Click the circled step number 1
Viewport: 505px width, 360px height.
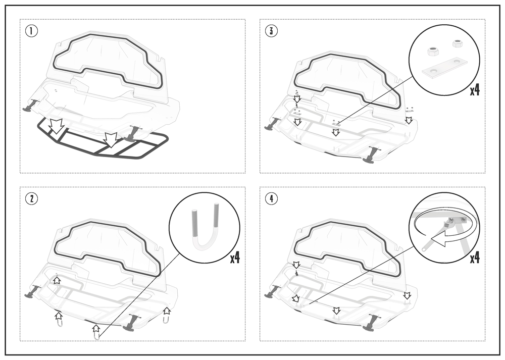point(31,31)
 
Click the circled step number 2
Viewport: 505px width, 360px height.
point(31,198)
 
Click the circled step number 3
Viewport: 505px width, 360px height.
point(271,31)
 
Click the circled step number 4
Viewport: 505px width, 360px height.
point(271,198)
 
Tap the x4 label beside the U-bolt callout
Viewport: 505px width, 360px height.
point(235,258)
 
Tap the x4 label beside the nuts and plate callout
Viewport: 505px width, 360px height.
point(475,90)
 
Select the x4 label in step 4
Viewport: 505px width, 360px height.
point(475,258)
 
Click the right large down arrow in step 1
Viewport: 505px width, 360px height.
point(111,139)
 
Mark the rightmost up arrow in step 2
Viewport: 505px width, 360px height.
point(167,312)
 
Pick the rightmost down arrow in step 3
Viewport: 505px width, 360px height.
point(409,121)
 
